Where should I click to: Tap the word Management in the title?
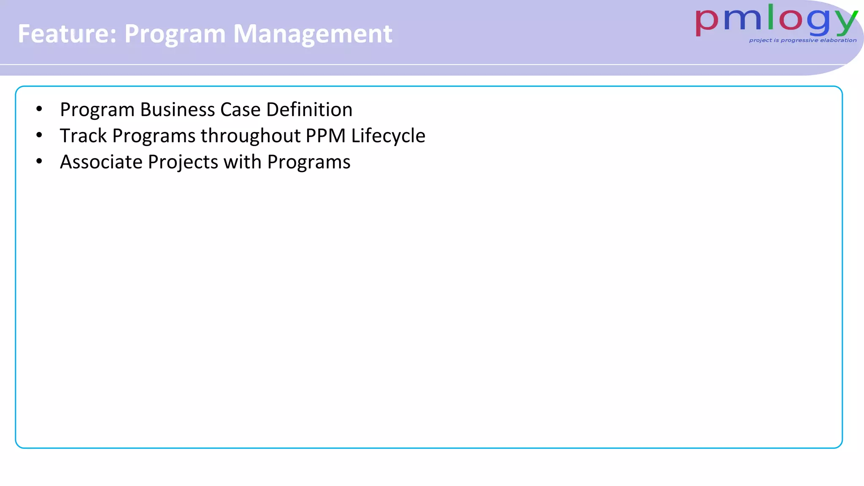[x=313, y=34]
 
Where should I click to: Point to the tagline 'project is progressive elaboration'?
[x=802, y=40]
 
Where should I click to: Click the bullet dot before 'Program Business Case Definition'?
[x=39, y=109]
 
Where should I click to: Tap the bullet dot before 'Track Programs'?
[x=39, y=135]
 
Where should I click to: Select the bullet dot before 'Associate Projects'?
[x=39, y=162]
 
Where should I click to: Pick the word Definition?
[x=309, y=110]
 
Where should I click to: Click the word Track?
[x=83, y=136]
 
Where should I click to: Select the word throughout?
[x=251, y=136]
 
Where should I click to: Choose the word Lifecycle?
[x=388, y=136]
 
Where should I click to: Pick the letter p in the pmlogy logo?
[x=707, y=23]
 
